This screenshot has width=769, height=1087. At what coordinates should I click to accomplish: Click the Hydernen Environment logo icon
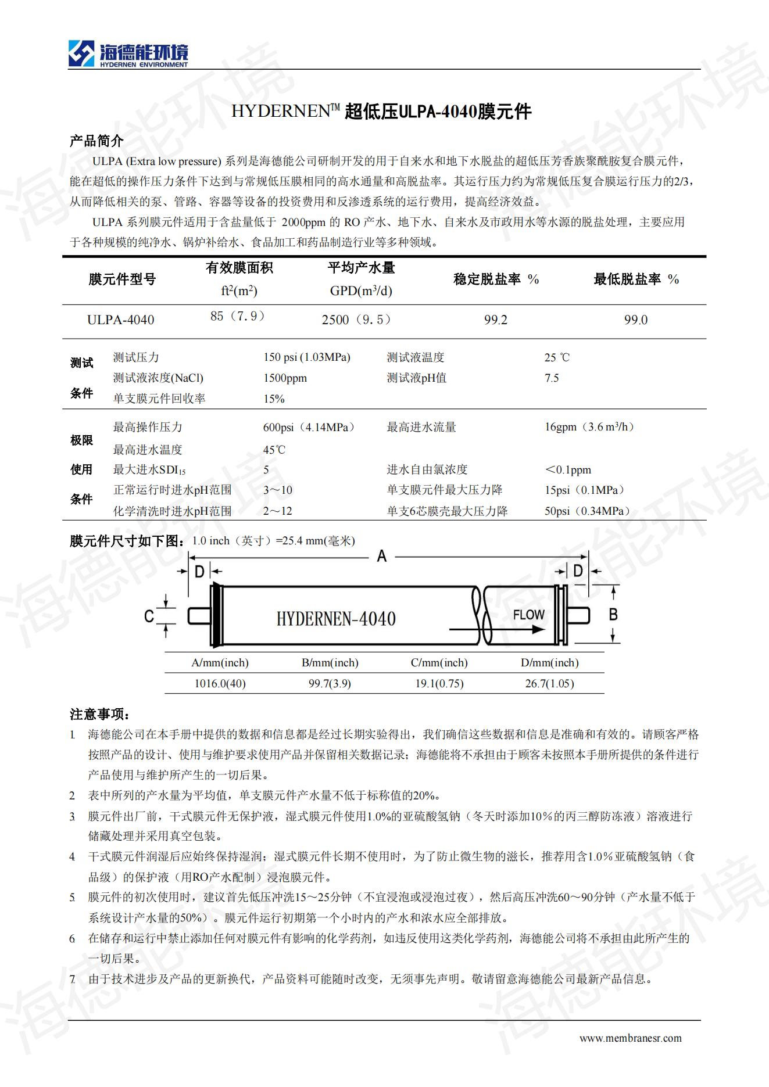(81, 53)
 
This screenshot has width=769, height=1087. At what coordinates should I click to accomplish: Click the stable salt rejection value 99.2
(495, 320)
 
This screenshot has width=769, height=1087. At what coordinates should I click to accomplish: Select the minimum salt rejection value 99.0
(635, 320)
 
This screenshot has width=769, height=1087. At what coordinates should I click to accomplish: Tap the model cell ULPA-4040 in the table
(121, 320)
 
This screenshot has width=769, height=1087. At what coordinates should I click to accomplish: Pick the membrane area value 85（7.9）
(238, 317)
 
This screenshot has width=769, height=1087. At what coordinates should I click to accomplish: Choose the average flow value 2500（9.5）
(357, 320)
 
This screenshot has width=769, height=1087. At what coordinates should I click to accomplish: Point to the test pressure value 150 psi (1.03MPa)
(306, 357)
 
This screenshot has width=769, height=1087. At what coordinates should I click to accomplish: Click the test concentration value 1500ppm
(285, 378)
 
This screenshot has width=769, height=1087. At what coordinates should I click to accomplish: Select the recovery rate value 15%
(274, 399)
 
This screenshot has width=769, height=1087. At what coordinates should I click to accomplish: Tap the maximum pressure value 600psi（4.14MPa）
(309, 428)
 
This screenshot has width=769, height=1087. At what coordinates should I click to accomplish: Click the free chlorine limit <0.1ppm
(568, 470)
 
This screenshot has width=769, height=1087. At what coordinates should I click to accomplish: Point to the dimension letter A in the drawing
(381, 557)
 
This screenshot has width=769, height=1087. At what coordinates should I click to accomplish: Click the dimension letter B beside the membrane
(613, 614)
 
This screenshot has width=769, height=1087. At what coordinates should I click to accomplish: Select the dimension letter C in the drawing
(149, 616)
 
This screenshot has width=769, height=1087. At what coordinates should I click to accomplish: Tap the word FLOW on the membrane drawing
(528, 615)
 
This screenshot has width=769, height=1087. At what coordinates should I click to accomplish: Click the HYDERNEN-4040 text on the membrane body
(336, 619)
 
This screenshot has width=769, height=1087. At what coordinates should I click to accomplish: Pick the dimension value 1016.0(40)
(220, 684)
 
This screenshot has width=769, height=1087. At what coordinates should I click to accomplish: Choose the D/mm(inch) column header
(549, 663)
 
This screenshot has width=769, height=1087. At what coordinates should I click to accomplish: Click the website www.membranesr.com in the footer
(630, 1038)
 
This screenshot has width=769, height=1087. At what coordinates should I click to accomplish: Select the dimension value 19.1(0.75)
(439, 684)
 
